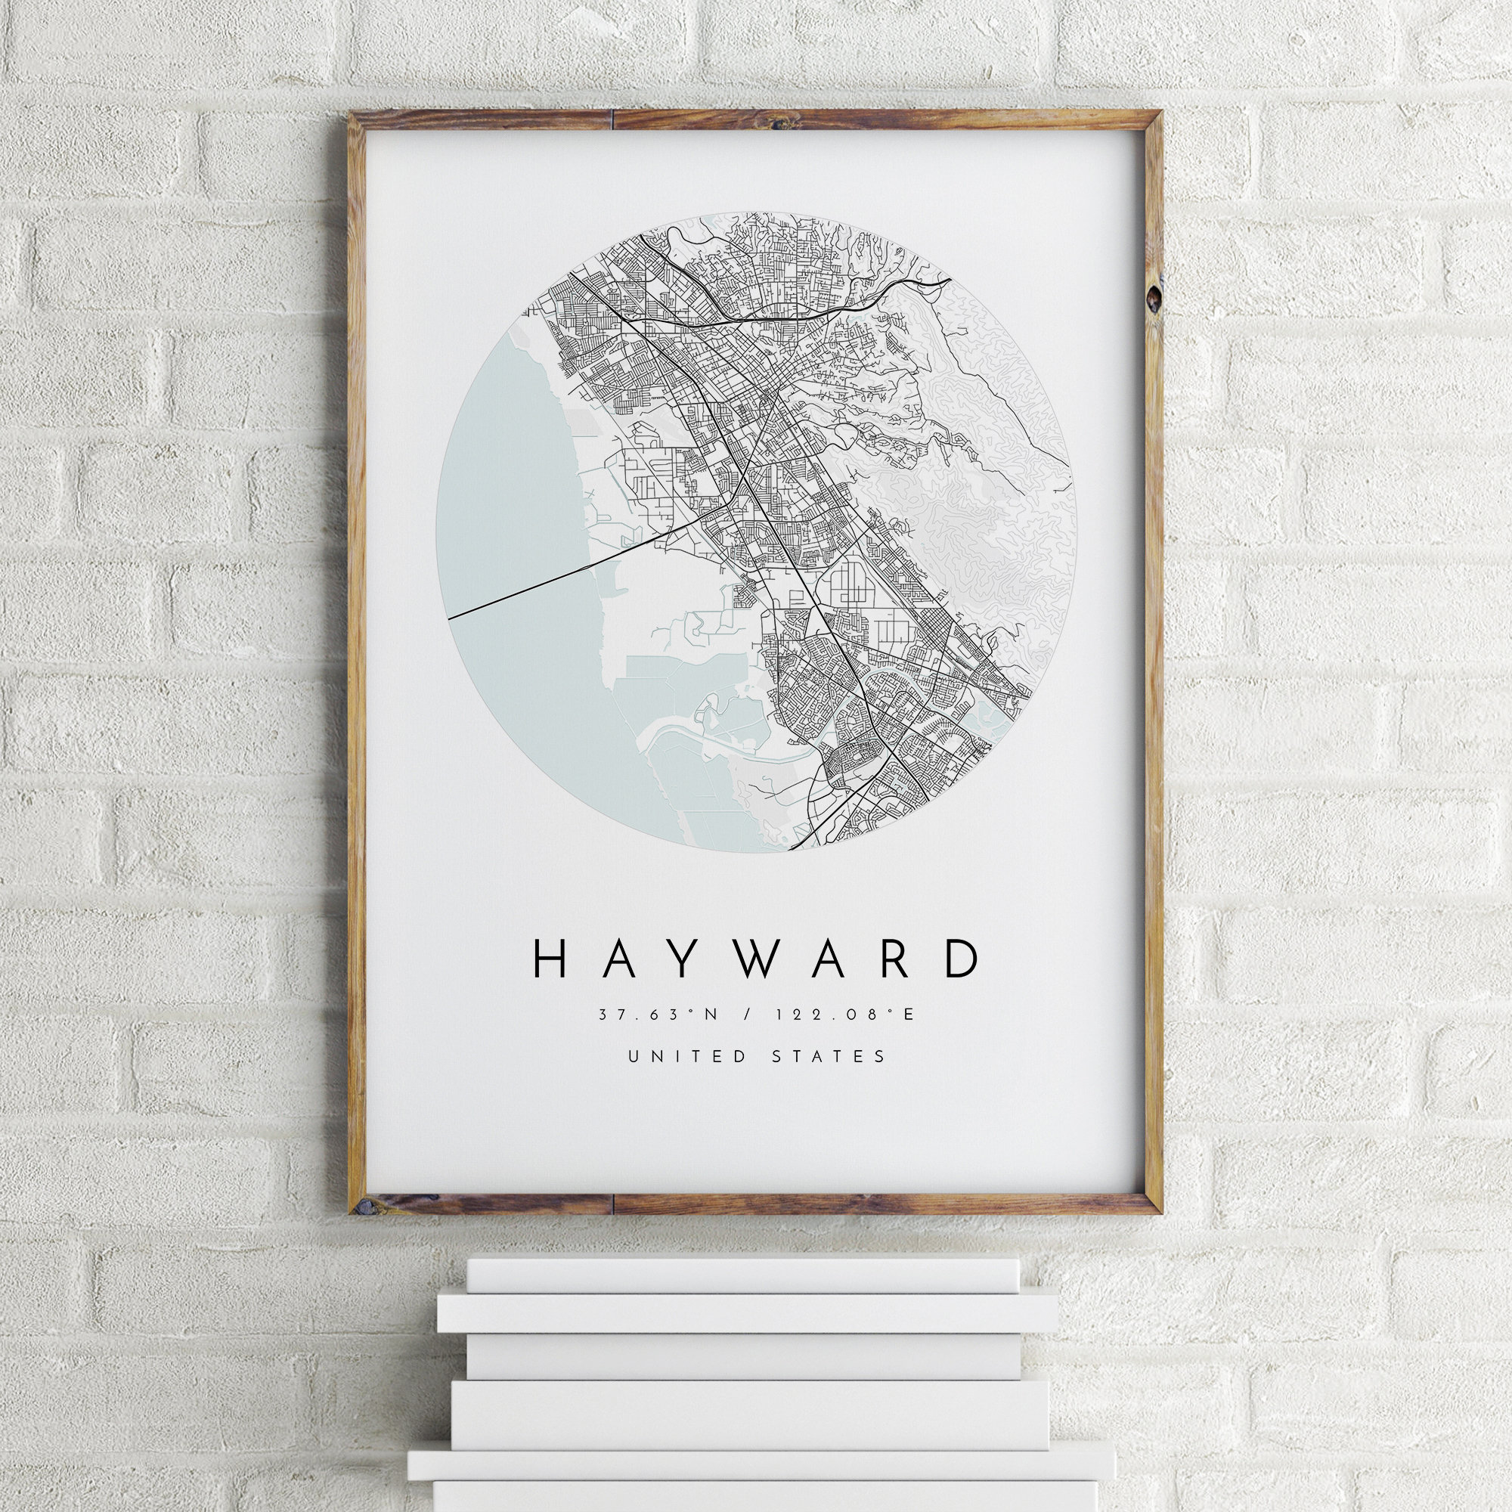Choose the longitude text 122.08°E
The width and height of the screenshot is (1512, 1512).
coord(844,1015)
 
